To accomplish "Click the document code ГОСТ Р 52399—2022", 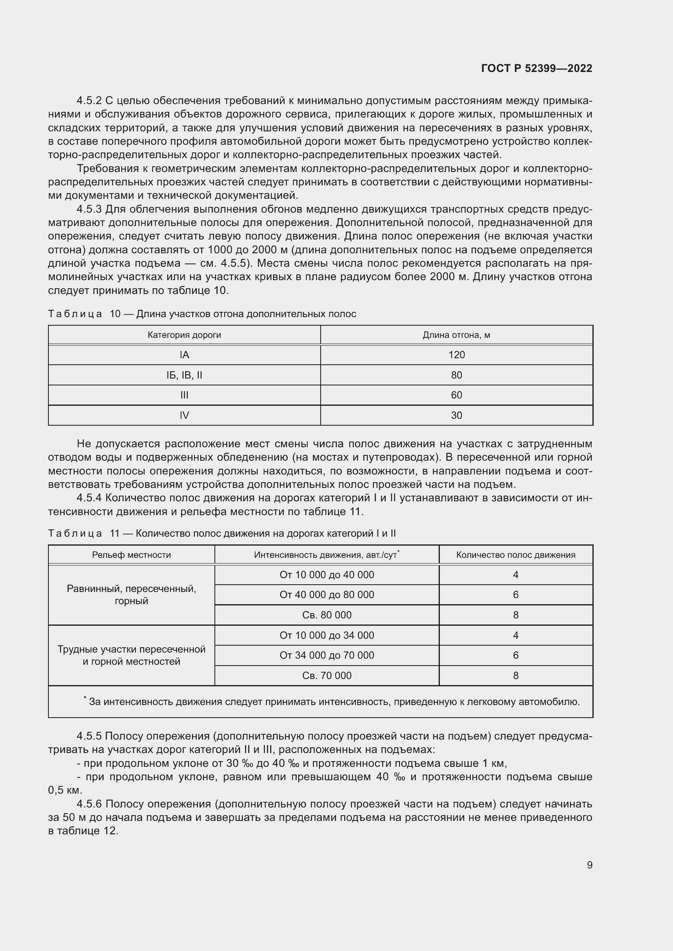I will tap(536, 68).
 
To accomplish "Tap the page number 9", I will tap(589, 865).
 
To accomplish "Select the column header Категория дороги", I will tap(184, 335).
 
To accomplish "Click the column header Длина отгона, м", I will tap(456, 335).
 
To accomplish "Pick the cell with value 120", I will tap(456, 355).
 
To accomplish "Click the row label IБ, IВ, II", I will tap(184, 375).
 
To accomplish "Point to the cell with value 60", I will tap(456, 395).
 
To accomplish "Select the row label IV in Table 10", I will tap(184, 415).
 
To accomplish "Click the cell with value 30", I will tap(456, 415).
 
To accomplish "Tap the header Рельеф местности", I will tap(131, 555).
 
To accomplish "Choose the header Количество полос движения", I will tap(516, 555).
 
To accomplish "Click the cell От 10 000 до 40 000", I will tap(327, 575).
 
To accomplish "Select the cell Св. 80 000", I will tap(327, 615).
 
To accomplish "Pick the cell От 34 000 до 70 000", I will tap(327, 655).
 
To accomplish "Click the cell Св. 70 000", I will tap(327, 675).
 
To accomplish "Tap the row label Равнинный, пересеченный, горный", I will tap(131, 594).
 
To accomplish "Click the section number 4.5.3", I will tap(89, 209).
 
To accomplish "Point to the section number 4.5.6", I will tap(89, 803).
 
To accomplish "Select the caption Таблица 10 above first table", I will tap(202, 313).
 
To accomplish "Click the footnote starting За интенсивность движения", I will tap(334, 702).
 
